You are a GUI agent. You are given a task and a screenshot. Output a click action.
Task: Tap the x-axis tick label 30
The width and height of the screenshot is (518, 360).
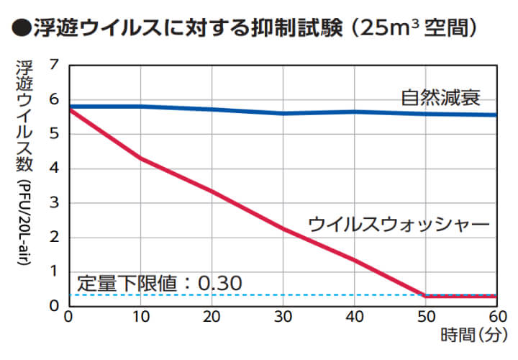pos(283,317)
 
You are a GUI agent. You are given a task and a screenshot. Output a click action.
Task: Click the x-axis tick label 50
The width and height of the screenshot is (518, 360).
pos(426,317)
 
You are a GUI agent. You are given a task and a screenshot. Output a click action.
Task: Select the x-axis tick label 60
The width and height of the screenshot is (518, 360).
pos(496,317)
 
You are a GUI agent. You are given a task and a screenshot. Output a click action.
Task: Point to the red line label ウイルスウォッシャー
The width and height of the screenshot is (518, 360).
pos(399,224)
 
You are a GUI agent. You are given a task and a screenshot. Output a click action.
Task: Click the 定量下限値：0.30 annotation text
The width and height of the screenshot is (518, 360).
pos(160,282)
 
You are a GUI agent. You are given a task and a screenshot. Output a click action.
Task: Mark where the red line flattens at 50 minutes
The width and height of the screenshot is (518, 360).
pos(426,295)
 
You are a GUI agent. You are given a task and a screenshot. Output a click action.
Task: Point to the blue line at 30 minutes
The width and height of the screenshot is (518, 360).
pos(283,113)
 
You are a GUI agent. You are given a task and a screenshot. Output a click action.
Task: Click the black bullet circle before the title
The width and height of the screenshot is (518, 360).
pos(21,30)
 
